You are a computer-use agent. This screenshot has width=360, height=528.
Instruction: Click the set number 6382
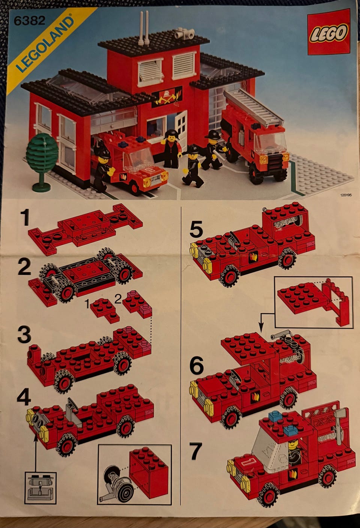[30, 20]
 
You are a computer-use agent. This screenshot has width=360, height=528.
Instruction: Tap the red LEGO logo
[329, 31]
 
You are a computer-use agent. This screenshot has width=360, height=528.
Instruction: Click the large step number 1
[25, 218]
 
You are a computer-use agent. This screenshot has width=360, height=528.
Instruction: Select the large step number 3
[24, 335]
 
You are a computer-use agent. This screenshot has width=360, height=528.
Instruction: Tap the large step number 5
[196, 229]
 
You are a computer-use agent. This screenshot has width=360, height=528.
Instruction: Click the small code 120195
[346, 195]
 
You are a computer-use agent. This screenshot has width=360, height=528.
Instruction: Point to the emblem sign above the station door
[167, 97]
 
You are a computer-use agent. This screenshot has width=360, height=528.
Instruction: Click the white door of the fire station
[181, 126]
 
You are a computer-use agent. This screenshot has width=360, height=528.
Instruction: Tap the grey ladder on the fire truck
[253, 108]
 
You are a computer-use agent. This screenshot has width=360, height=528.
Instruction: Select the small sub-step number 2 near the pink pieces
[118, 299]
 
